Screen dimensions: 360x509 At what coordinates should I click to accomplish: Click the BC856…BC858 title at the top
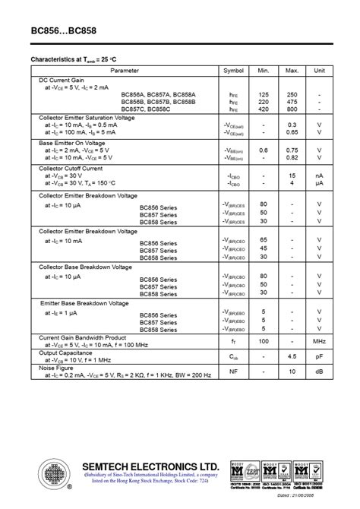click(x=63, y=33)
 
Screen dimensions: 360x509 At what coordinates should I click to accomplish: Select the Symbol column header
click(x=232, y=71)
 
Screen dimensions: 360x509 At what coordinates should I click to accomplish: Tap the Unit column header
click(x=319, y=71)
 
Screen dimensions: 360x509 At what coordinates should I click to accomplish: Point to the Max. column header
click(x=292, y=71)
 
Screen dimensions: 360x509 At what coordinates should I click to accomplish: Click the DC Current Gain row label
click(x=62, y=80)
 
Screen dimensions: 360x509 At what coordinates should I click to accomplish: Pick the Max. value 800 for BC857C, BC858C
click(x=292, y=108)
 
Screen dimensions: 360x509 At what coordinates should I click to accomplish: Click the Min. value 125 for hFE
click(x=264, y=94)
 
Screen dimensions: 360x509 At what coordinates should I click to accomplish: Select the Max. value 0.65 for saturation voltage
click(x=292, y=132)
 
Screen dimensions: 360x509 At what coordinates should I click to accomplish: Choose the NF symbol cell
click(x=233, y=371)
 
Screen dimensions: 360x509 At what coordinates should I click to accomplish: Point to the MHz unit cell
click(x=319, y=343)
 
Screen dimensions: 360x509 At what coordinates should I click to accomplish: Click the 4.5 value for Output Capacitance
click(x=292, y=357)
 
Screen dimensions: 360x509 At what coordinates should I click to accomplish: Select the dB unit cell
click(x=319, y=371)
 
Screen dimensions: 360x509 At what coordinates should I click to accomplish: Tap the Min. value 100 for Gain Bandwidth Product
click(x=264, y=343)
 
